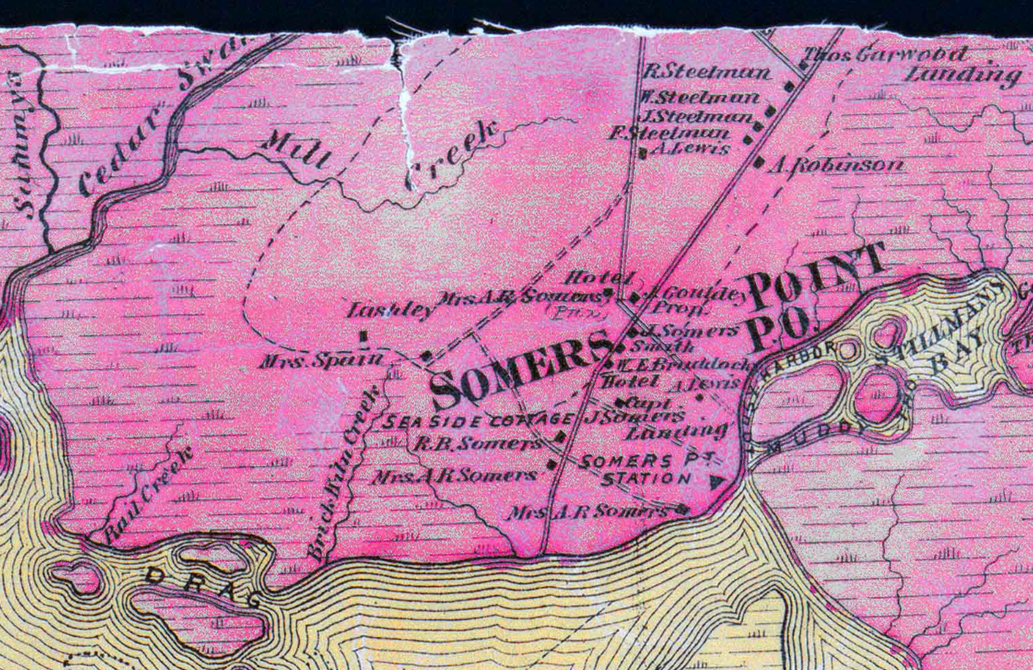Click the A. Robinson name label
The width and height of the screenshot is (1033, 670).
[836, 165]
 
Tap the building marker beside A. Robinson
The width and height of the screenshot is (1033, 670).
[759, 162]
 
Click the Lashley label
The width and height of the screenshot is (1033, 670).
[391, 310]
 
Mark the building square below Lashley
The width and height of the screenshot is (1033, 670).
[363, 336]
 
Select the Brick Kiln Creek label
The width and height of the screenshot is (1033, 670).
[344, 470]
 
